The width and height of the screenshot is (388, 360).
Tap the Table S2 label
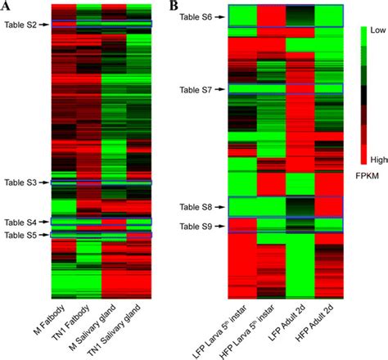tap(20, 25)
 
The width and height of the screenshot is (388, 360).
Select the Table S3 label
tap(20, 182)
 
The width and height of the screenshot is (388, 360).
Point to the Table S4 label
tap(20, 222)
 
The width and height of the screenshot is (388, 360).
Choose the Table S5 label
tap(20, 236)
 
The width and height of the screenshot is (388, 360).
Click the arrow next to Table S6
tap(220, 16)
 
